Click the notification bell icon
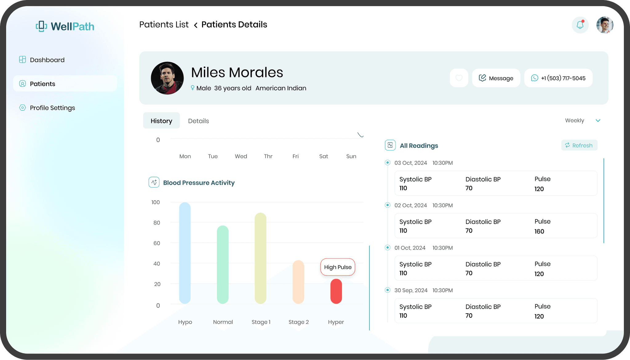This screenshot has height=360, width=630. [580, 25]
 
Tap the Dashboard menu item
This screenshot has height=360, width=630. [47, 60]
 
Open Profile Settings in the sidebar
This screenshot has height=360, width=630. [52, 108]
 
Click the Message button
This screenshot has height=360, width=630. [496, 78]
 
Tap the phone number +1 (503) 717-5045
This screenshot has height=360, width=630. [558, 78]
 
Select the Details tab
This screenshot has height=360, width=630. [198, 121]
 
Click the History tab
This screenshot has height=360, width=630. [161, 121]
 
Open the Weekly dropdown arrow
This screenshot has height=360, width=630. [598, 121]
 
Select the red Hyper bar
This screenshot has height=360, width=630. [336, 291]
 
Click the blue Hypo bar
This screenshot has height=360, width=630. [185, 253]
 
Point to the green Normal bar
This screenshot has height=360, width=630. [223, 265]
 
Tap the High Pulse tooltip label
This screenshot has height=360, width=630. [337, 267]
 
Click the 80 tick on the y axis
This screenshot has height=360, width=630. [157, 223]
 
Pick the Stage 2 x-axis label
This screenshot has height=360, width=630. [298, 322]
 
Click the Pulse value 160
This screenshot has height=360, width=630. [539, 231]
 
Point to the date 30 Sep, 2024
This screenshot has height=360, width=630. [411, 290]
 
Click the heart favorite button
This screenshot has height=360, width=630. [459, 78]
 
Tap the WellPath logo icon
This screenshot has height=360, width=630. [41, 26]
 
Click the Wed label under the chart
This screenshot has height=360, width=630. [241, 156]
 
